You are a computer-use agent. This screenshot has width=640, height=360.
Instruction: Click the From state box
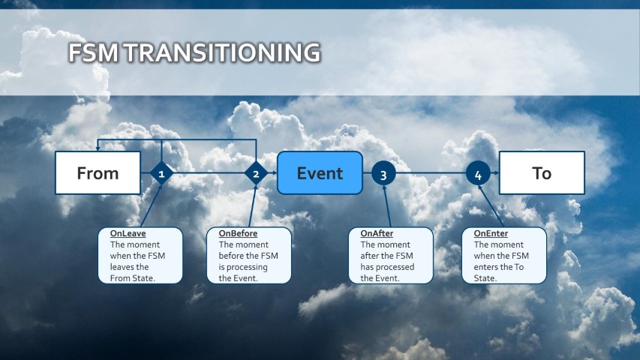click(x=98, y=173)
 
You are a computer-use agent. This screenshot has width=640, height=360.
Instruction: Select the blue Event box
click(x=320, y=173)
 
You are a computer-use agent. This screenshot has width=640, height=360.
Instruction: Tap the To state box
click(x=542, y=173)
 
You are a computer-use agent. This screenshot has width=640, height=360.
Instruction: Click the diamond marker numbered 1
click(x=161, y=173)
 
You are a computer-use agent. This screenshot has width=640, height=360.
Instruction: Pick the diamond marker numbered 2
click(x=256, y=173)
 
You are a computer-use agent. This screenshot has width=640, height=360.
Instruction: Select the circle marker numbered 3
click(x=383, y=173)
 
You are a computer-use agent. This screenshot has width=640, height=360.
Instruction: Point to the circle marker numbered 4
click(x=479, y=173)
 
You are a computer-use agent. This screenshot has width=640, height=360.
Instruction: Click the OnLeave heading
click(x=128, y=233)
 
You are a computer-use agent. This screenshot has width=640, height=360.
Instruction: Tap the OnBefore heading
click(x=238, y=233)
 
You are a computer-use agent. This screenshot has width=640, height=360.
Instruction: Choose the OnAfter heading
click(x=377, y=233)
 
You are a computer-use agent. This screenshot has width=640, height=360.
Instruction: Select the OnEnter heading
click(x=491, y=233)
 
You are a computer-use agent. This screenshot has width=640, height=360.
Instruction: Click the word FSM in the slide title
click(x=94, y=52)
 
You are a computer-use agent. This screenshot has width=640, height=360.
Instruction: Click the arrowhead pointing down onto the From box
click(x=98, y=148)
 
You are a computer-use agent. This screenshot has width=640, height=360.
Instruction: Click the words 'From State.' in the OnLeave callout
click(x=132, y=278)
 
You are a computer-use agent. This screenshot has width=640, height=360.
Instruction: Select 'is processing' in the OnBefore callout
click(x=243, y=267)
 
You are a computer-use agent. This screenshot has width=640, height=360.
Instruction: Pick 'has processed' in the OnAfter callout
click(x=387, y=267)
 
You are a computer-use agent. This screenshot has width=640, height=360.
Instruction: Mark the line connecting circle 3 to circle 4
click(x=431, y=173)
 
